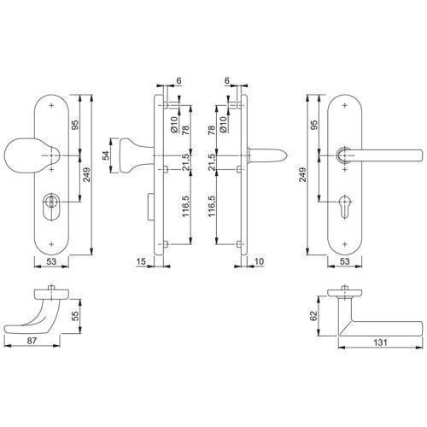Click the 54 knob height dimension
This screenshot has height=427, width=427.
[106, 155]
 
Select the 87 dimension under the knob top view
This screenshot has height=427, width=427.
[32, 340]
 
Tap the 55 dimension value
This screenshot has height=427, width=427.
[75, 316]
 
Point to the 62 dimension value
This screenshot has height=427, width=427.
[313, 316]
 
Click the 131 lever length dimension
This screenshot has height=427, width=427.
[380, 342]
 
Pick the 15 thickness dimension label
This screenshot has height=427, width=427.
[141, 261]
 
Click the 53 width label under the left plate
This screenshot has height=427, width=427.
[51, 261]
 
